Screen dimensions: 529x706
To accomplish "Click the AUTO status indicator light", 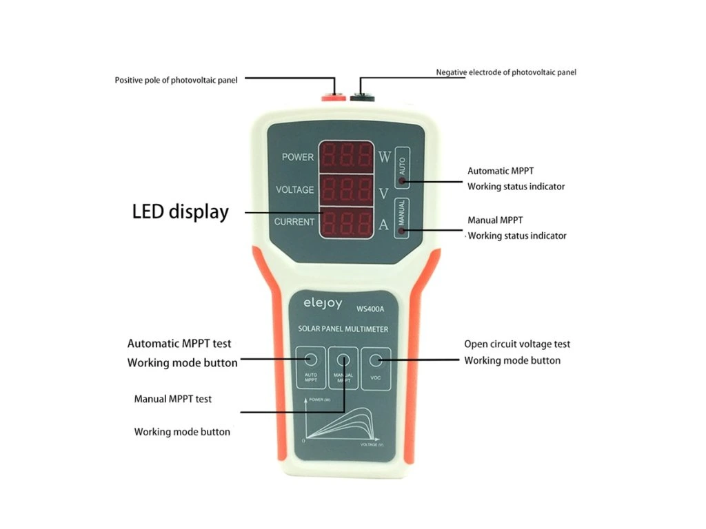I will pyautogui.click(x=402, y=182).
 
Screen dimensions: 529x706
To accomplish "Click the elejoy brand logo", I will pyautogui.click(x=323, y=302).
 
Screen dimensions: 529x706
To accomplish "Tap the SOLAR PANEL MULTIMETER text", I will pyautogui.click(x=343, y=329).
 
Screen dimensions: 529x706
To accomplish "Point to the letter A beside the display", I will pyautogui.click(x=384, y=222).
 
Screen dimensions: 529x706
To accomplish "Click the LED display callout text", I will pyautogui.click(x=180, y=211).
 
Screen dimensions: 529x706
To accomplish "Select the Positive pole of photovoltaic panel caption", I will pyautogui.click(x=176, y=80).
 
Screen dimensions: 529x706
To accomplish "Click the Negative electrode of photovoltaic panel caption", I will pyautogui.click(x=506, y=72).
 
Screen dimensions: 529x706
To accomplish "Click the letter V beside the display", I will pyautogui.click(x=384, y=194).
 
